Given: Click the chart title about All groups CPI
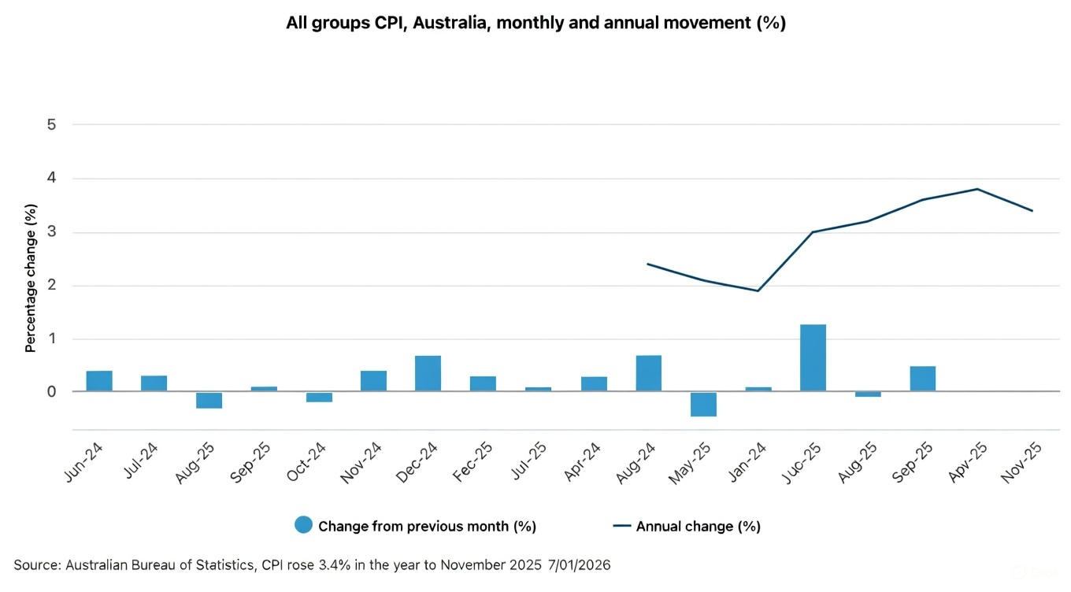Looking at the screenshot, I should pos(535,23).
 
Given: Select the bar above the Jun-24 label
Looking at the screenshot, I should pos(99,381).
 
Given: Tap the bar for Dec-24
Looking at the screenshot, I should pos(428,373).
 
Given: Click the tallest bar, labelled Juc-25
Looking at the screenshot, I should pos(813,357).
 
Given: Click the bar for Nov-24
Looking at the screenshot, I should pos(373,381).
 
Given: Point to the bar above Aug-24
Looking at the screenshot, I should pos(648,373).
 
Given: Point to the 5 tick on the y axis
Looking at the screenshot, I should pos(51,124).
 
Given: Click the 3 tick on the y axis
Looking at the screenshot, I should pos(51,232).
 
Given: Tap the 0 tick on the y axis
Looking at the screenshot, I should pos(51,391).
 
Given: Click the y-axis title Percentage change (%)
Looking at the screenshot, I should pos(31,278).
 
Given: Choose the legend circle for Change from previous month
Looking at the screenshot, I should pos(303,525).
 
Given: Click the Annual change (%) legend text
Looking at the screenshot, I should pos(698,526).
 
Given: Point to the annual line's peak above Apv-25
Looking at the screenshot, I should pos(977,189).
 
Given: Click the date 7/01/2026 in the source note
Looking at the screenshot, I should pos(578,564).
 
